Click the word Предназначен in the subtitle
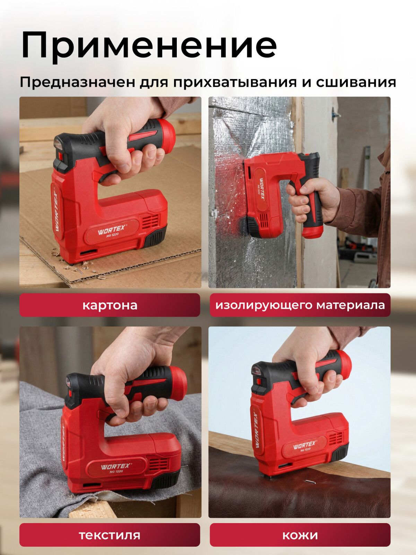click(78, 82)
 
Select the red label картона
click(110, 305)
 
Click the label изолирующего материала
click(300, 305)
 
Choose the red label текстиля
click(110, 535)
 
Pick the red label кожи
click(300, 535)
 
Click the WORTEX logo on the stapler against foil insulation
click(262, 189)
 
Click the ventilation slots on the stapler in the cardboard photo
click(151, 220)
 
